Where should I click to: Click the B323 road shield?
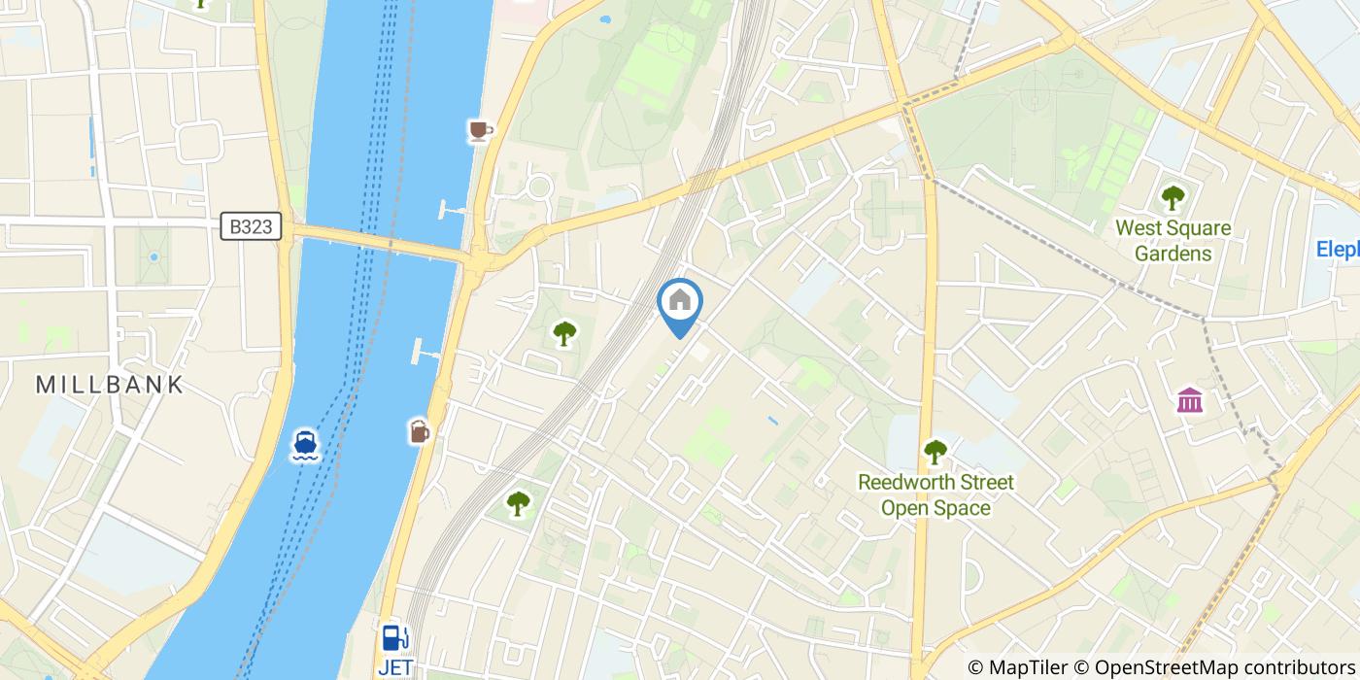click(251, 227)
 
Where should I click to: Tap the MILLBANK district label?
click(110, 385)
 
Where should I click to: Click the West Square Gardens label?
click(1173, 241)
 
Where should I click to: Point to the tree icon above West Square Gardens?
click(1173, 198)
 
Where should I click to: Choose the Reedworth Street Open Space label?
click(935, 494)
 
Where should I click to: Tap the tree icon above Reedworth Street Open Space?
click(935, 451)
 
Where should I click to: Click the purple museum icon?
click(1189, 399)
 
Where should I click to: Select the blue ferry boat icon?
click(306, 445)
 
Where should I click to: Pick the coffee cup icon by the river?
click(480, 130)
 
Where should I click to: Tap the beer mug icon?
click(419, 430)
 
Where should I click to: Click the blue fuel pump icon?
click(394, 638)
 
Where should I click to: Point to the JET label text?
click(395, 667)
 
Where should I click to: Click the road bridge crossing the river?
click(379, 244)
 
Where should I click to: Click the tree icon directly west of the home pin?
click(563, 334)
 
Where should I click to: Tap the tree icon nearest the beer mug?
click(518, 503)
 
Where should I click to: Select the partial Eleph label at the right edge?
click(1338, 250)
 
